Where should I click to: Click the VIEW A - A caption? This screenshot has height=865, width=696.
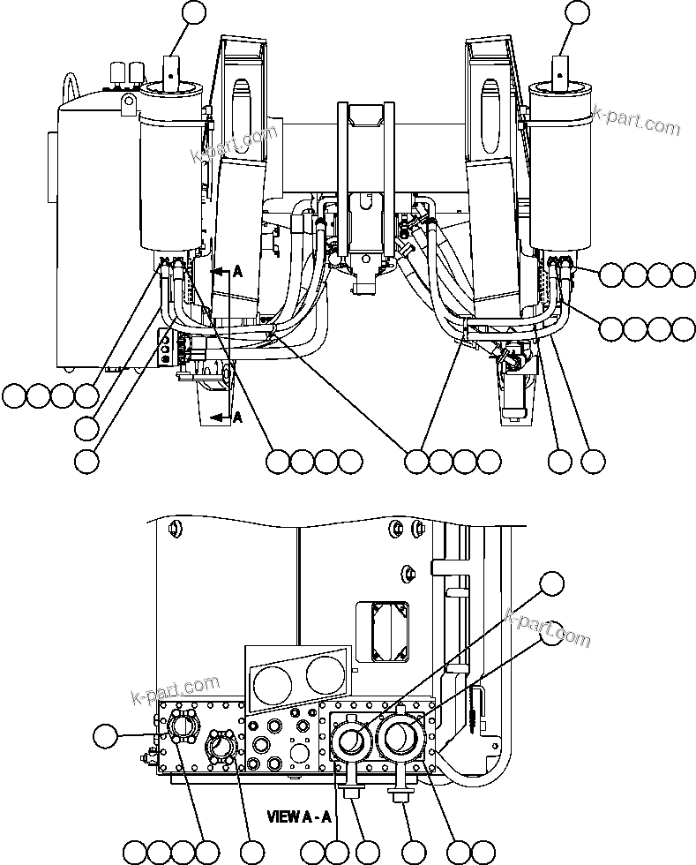click(302, 816)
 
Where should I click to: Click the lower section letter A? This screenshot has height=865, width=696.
click(236, 418)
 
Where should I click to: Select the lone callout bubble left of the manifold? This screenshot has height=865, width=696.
click(105, 734)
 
